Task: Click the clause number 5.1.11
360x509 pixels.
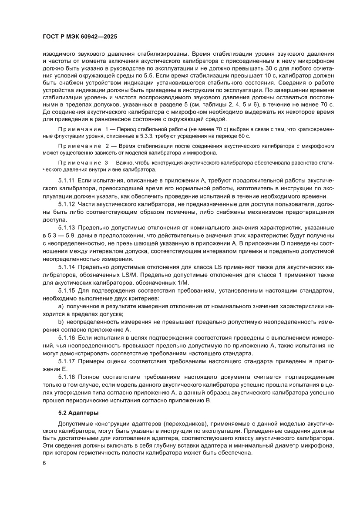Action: (x=67, y=179)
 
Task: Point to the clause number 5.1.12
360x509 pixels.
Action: (x=67, y=203)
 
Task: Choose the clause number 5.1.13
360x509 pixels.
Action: (x=67, y=227)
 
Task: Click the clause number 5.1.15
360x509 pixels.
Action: (x=67, y=290)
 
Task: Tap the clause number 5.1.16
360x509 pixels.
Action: (x=67, y=337)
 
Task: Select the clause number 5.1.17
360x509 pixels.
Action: (x=67, y=361)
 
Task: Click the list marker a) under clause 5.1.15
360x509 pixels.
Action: (x=61, y=306)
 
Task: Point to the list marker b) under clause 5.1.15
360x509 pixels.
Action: (x=61, y=322)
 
